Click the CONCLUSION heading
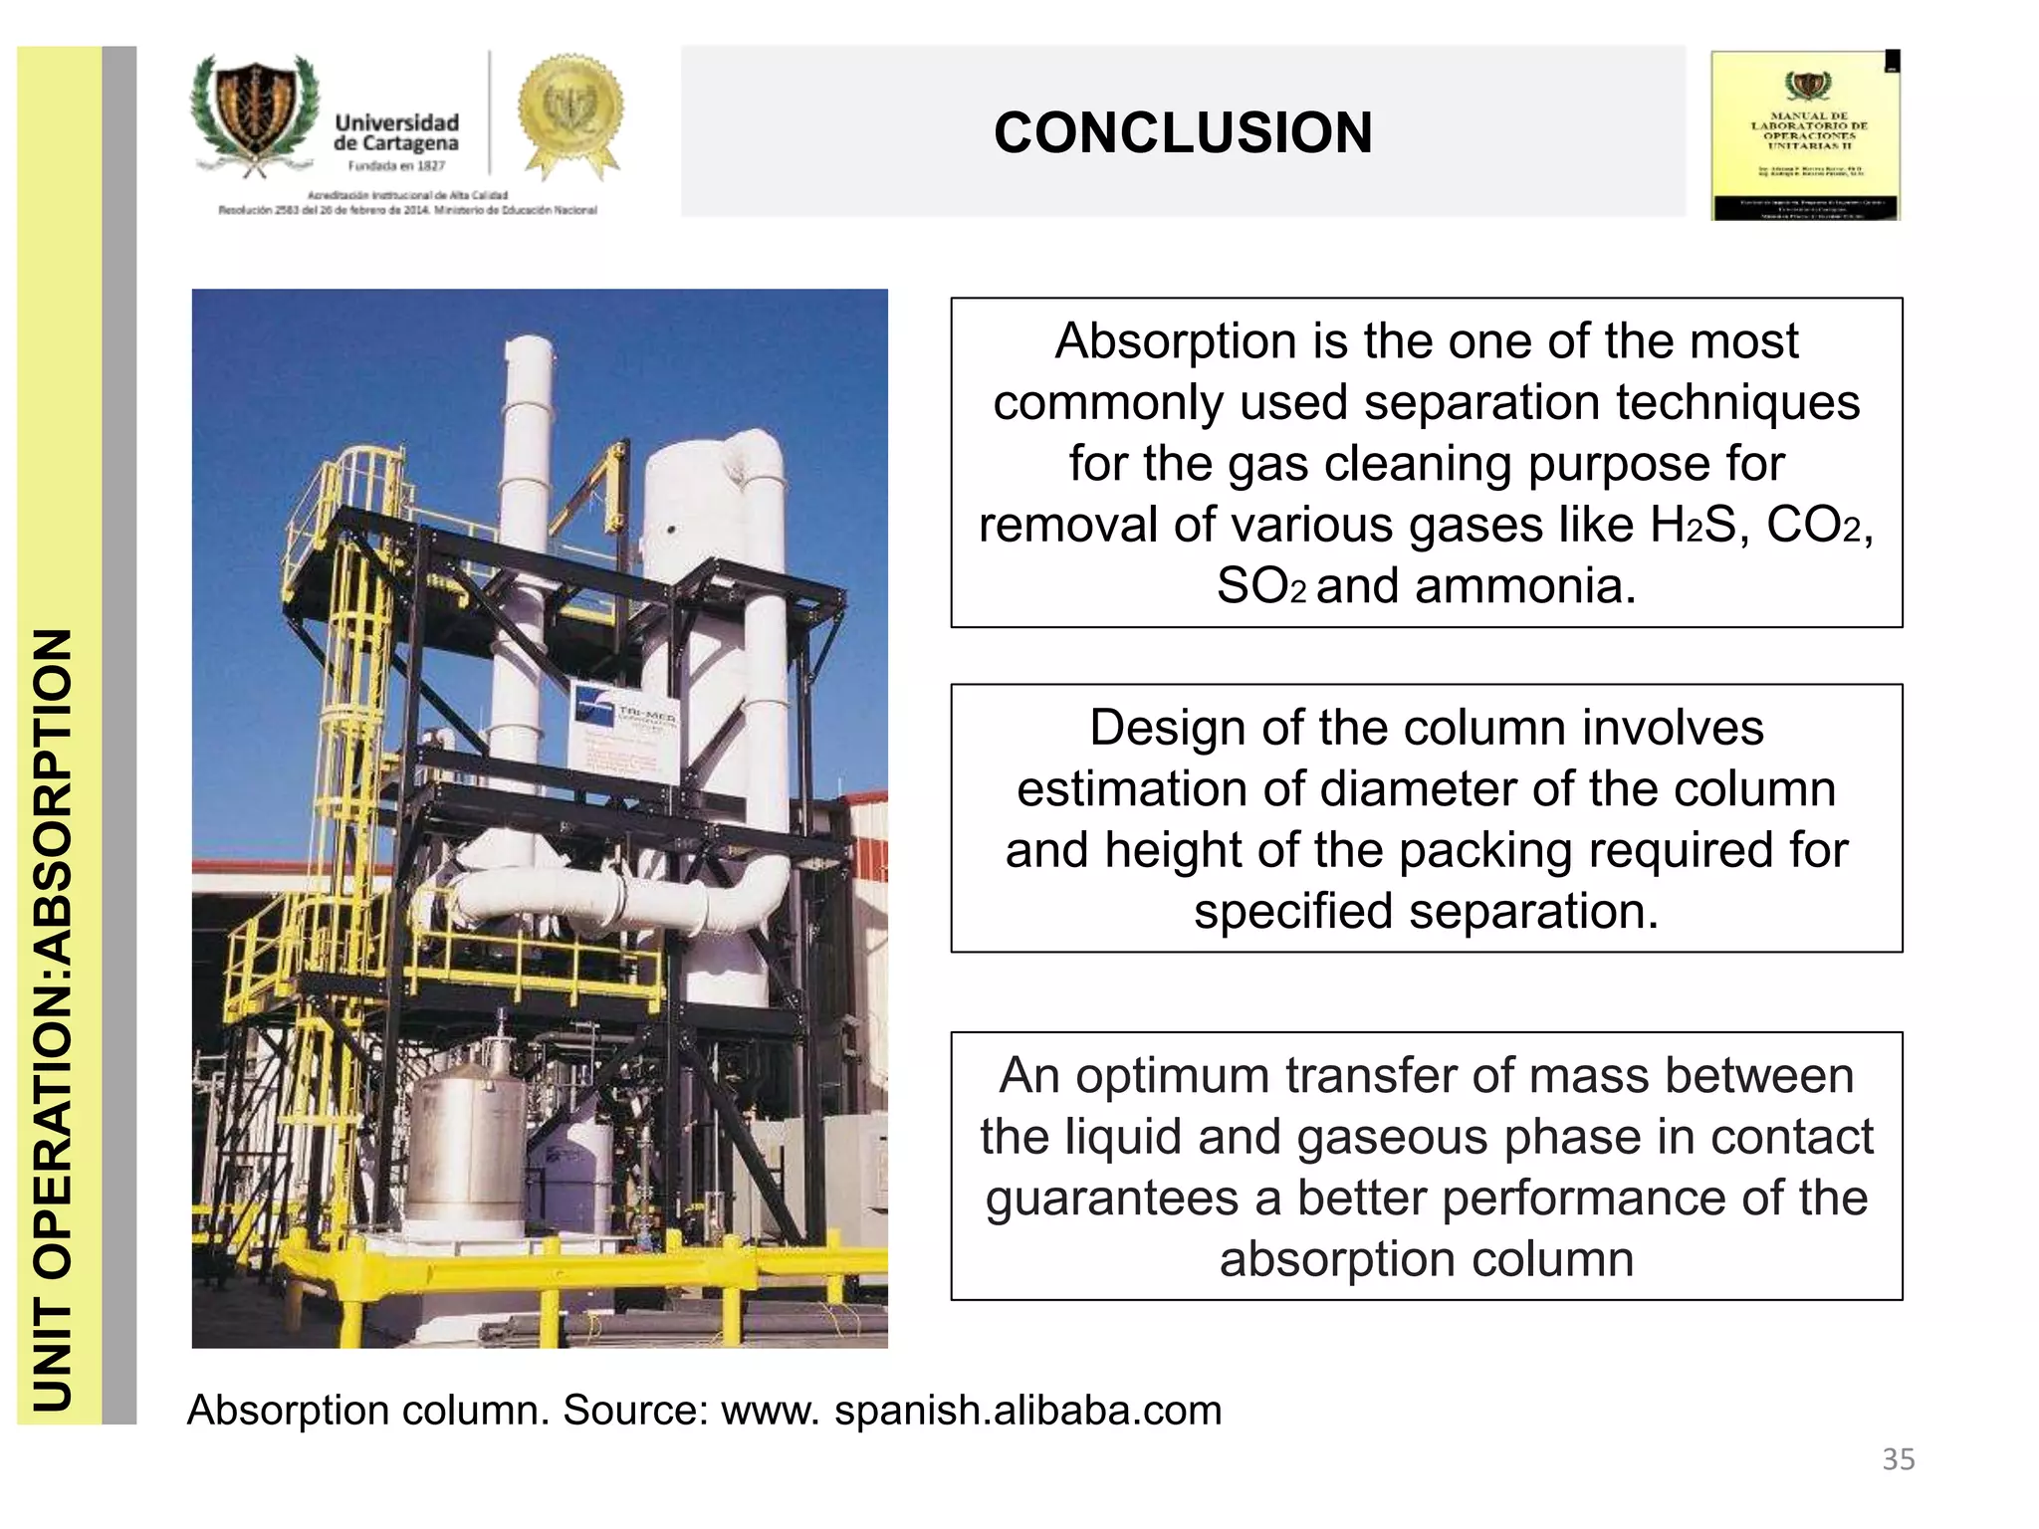(x=1183, y=132)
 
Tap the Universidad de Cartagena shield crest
(x=255, y=112)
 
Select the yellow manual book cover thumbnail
(x=1805, y=135)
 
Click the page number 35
(x=1898, y=1459)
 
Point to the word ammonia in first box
(x=1525, y=586)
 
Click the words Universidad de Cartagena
(x=396, y=132)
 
